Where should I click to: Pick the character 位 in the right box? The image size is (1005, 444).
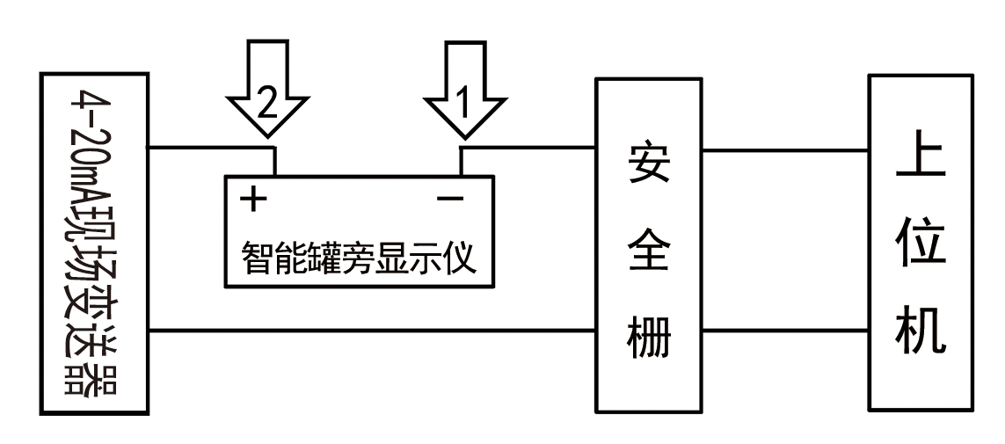921,247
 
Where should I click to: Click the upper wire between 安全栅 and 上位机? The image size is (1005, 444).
788,148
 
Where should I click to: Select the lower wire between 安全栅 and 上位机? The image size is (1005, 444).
788,331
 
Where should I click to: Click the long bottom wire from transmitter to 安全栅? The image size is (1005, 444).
369,331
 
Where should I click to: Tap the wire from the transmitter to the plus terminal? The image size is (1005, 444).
211,148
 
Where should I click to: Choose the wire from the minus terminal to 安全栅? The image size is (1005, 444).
528,148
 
